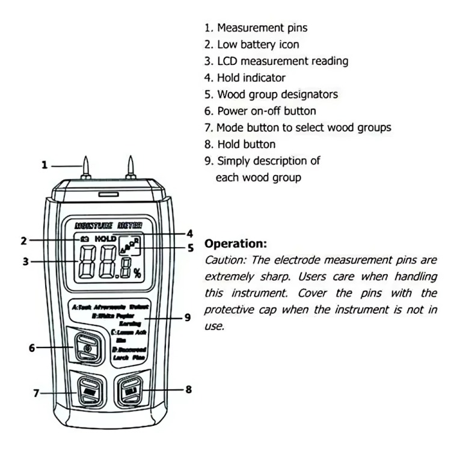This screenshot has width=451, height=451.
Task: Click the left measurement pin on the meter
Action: (86, 166)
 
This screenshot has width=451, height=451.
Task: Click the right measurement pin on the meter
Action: (130, 166)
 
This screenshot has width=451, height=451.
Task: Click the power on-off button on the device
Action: (87, 347)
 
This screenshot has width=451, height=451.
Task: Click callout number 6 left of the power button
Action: (32, 347)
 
